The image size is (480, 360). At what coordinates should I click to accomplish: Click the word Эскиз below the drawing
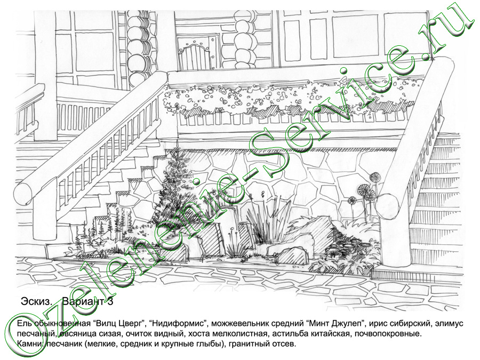click(x=36, y=302)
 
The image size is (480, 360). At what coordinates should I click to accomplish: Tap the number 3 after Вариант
click(x=110, y=302)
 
